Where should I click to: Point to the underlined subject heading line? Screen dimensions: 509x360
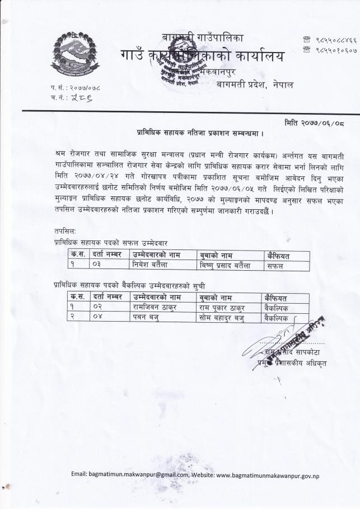click(200, 134)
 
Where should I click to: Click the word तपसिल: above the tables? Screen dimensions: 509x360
click(66, 232)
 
